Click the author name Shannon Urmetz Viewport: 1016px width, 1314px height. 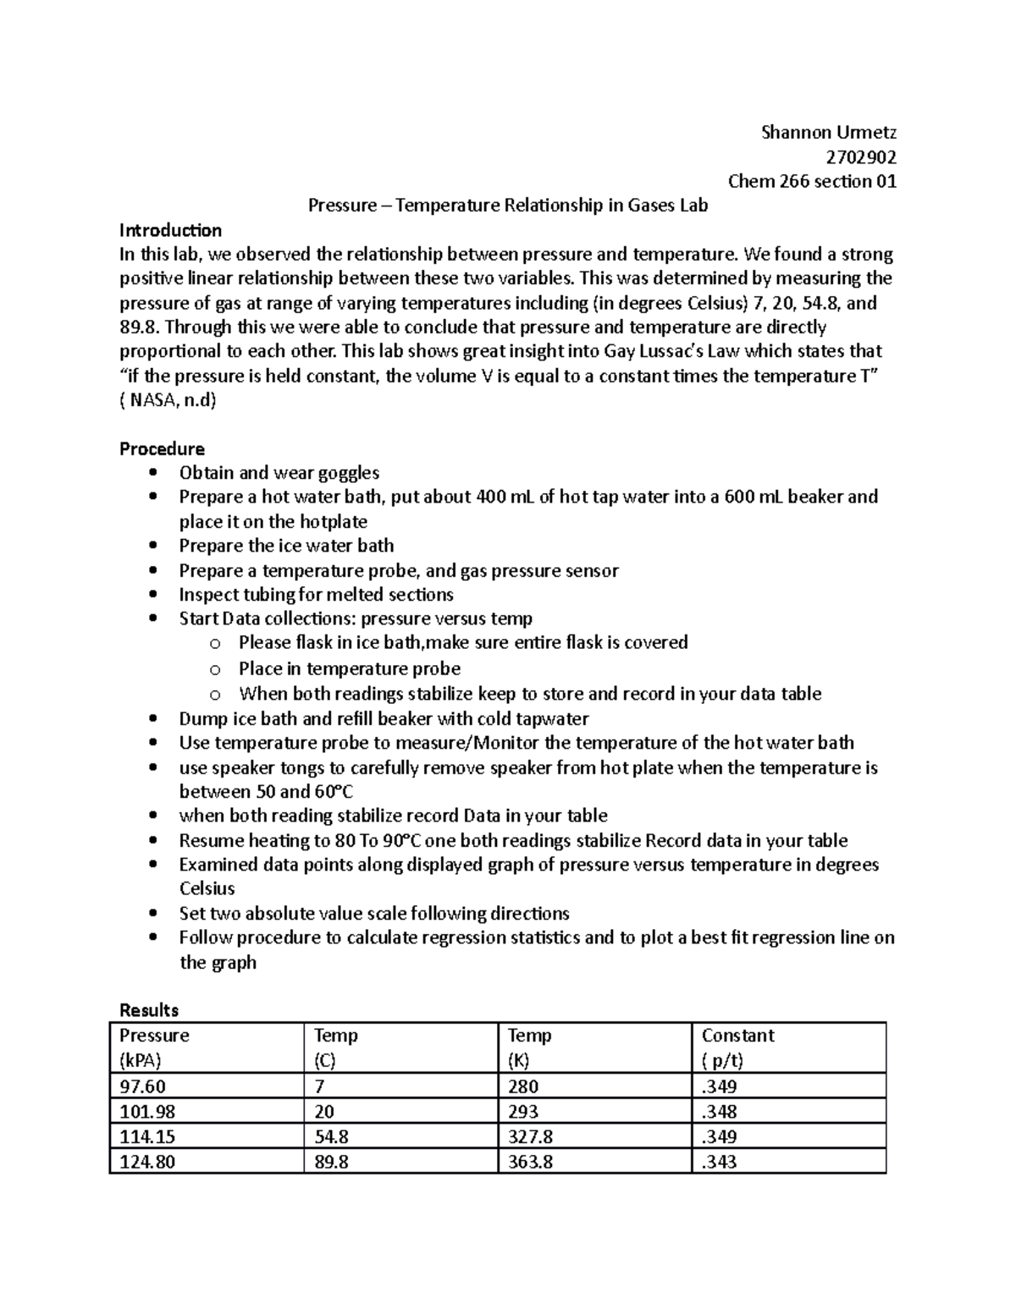point(828,132)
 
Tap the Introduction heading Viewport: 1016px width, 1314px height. point(170,230)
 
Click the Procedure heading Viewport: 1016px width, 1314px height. point(162,448)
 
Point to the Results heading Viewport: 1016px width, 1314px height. point(149,1009)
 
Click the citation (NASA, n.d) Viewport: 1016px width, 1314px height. point(168,400)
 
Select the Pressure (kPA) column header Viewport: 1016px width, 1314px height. point(154,1047)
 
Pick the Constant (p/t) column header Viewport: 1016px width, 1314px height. point(737,1047)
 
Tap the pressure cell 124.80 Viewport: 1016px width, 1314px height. point(147,1162)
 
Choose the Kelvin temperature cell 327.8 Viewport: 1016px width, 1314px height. point(530,1136)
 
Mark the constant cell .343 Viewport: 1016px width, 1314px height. point(719,1162)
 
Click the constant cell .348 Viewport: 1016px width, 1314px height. point(719,1112)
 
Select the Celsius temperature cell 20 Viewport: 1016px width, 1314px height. point(324,1112)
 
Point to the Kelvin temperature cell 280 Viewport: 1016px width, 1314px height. point(523,1086)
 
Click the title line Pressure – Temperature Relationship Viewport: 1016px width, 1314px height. point(507,206)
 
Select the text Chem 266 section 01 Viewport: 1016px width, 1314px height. point(812,181)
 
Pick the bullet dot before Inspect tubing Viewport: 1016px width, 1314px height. point(152,595)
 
